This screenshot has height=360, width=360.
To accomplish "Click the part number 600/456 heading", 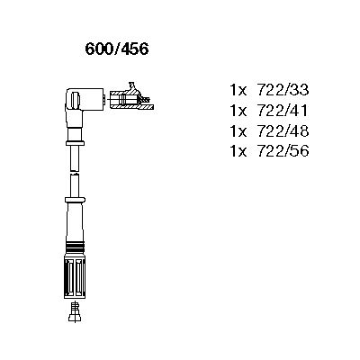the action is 117,49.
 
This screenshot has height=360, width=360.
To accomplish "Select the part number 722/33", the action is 283,90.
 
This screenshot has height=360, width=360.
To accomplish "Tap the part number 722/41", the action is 283,111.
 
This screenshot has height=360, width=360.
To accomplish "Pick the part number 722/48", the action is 283,130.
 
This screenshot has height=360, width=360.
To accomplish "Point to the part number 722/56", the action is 283,151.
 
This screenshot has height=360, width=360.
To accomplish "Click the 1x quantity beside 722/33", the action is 238,90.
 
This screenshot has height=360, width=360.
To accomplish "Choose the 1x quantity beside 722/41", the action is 238,111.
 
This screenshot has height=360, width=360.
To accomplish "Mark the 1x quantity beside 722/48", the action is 238,130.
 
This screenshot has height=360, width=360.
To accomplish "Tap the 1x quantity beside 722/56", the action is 238,151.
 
